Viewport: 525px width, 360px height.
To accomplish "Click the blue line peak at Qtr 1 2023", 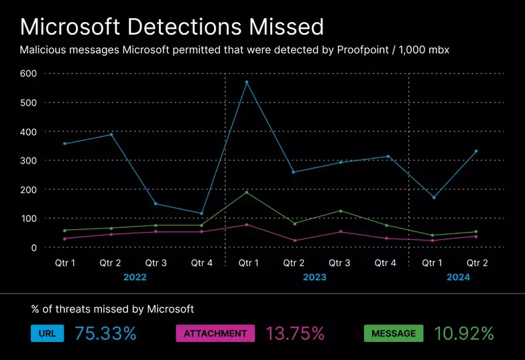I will (247, 82).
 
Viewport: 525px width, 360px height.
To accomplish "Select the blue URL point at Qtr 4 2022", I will (202, 214).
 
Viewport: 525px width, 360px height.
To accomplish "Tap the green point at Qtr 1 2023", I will (247, 192).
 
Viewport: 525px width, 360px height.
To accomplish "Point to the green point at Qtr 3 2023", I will (340, 211).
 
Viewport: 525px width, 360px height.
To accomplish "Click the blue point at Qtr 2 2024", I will (476, 151).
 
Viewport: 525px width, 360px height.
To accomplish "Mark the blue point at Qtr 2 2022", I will (111, 134).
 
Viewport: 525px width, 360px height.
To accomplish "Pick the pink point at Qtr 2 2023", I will (294, 241).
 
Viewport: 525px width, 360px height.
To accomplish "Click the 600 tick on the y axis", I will (27, 73).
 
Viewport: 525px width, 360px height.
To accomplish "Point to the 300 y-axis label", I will (27, 160).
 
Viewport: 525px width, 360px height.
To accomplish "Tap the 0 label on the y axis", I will (33, 247).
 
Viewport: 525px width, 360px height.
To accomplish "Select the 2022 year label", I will (135, 277).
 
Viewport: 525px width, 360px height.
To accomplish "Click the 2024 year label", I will (459, 277).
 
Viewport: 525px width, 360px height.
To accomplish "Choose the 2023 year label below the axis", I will (315, 277).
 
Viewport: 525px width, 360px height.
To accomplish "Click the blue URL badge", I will (47, 333).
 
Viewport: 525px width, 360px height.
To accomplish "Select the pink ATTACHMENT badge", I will (215, 333).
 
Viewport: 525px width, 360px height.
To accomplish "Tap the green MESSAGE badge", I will (394, 333).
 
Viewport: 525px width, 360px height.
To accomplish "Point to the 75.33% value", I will (105, 333).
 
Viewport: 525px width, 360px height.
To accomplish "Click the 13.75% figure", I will (295, 333).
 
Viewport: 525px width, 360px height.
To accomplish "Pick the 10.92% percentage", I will (464, 333).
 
